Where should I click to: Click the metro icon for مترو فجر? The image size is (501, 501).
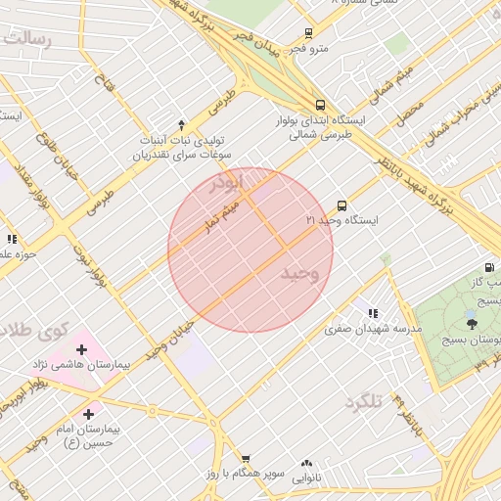pos(309,33)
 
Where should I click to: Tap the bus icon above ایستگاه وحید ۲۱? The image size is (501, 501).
pos(342,205)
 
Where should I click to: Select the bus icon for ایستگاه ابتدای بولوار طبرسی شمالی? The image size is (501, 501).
pos(320,105)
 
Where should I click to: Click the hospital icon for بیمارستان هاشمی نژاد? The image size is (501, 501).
pos(81,348)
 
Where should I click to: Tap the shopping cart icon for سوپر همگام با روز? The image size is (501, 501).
pos(246,458)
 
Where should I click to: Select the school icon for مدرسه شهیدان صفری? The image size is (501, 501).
pos(373,313)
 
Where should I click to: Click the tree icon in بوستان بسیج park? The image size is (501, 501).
pos(472,322)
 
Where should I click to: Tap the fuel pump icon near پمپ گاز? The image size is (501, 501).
pos(488,267)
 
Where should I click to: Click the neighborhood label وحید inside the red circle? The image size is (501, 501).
pos(300,272)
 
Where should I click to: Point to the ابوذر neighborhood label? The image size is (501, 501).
pos(232,182)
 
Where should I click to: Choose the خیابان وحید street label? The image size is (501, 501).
pos(169,340)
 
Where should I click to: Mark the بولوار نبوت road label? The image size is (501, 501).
pos(88,264)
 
